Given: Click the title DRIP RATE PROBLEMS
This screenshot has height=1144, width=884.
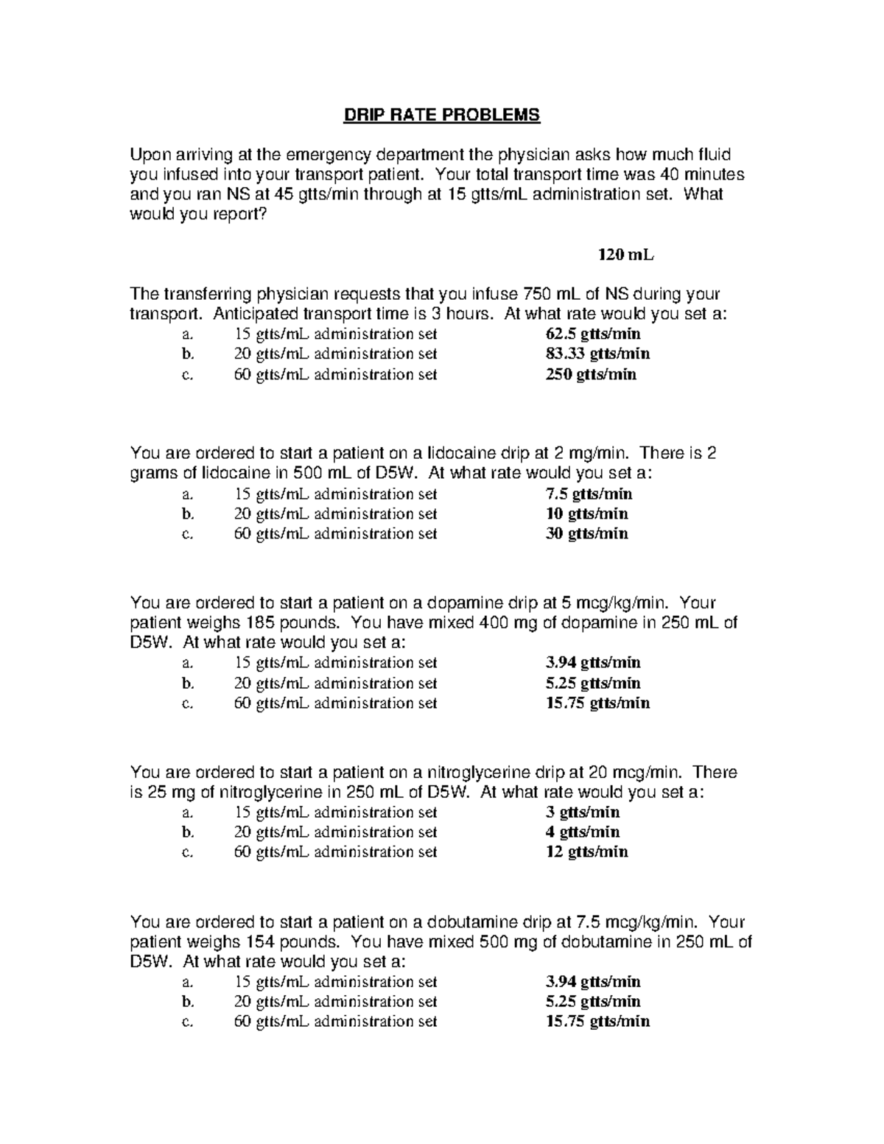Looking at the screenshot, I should [441, 115].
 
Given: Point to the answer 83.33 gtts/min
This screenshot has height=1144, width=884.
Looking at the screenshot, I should [597, 354].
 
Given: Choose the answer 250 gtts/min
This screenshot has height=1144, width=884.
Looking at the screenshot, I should [591, 374].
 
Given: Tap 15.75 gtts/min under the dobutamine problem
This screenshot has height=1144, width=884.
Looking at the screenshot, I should [597, 1021].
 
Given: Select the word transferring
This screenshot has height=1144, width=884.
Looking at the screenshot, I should [206, 294].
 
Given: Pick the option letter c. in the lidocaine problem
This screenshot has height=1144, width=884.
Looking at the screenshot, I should [187, 534].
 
